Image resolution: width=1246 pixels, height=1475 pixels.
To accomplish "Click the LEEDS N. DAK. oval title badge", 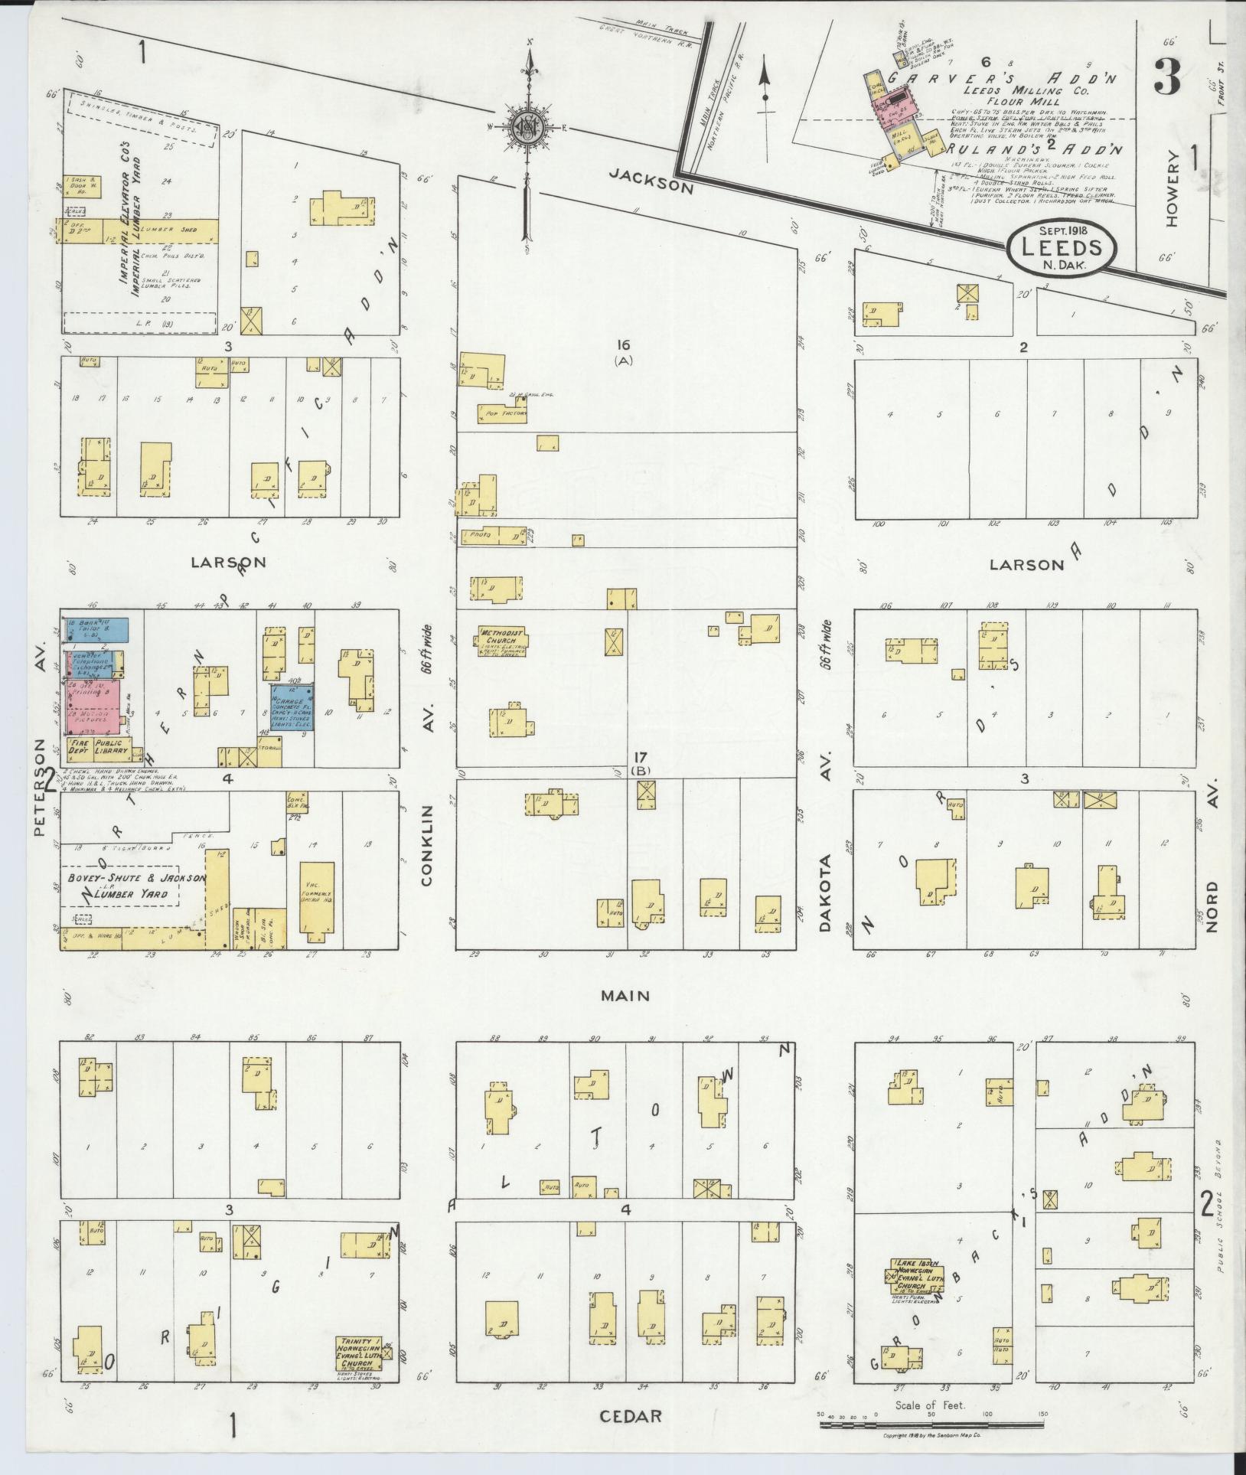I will [1061, 247].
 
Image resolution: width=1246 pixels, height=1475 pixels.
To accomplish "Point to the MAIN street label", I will [625, 996].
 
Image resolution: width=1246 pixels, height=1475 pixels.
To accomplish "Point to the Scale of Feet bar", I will [931, 1425].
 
